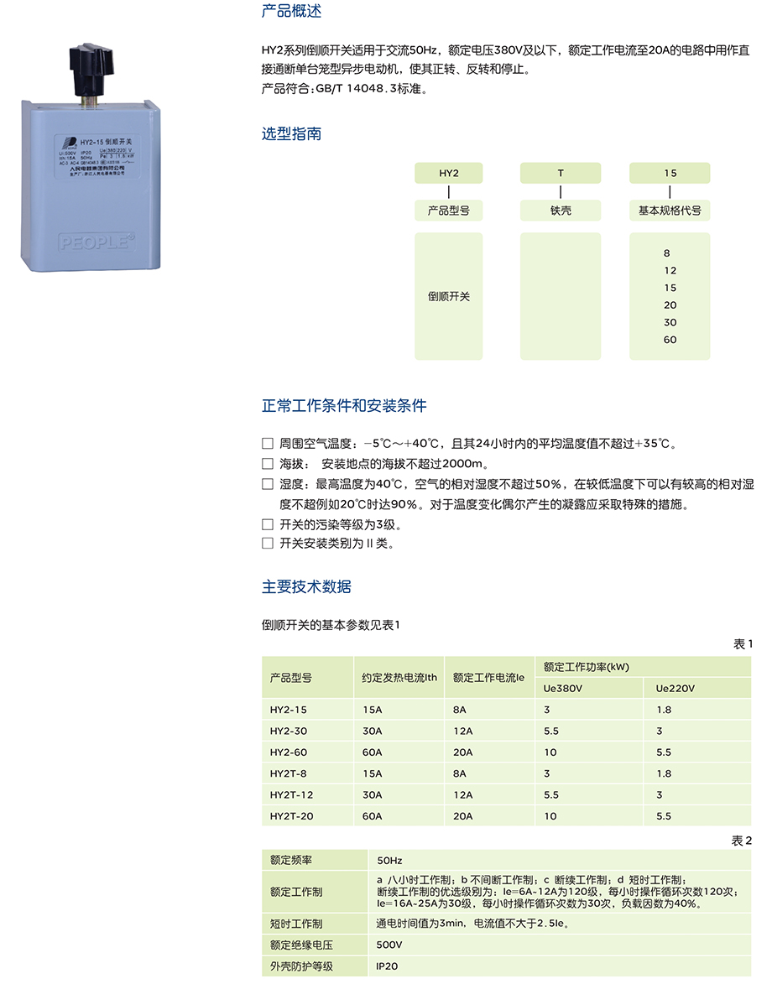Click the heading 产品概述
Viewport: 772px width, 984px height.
click(x=291, y=12)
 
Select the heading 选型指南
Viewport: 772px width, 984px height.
click(x=291, y=134)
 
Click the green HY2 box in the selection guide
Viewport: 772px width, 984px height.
click(x=449, y=174)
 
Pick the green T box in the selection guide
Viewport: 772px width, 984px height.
click(x=561, y=174)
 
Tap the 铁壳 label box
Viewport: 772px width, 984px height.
click(x=561, y=211)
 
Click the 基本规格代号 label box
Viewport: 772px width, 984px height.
click(x=670, y=211)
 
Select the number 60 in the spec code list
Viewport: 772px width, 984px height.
click(x=670, y=340)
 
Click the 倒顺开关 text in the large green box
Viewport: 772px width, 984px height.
click(x=449, y=297)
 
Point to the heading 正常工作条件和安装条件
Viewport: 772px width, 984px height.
click(x=344, y=406)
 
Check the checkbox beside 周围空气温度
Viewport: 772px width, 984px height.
click(x=268, y=443)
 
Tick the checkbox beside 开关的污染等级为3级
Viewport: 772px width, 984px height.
click(x=268, y=525)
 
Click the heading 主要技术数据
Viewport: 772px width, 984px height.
click(x=306, y=587)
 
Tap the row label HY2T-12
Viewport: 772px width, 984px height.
click(x=291, y=794)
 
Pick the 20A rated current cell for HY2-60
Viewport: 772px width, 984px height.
click(x=463, y=752)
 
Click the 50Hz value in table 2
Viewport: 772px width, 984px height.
click(x=389, y=861)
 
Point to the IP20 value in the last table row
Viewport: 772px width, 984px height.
click(x=387, y=966)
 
